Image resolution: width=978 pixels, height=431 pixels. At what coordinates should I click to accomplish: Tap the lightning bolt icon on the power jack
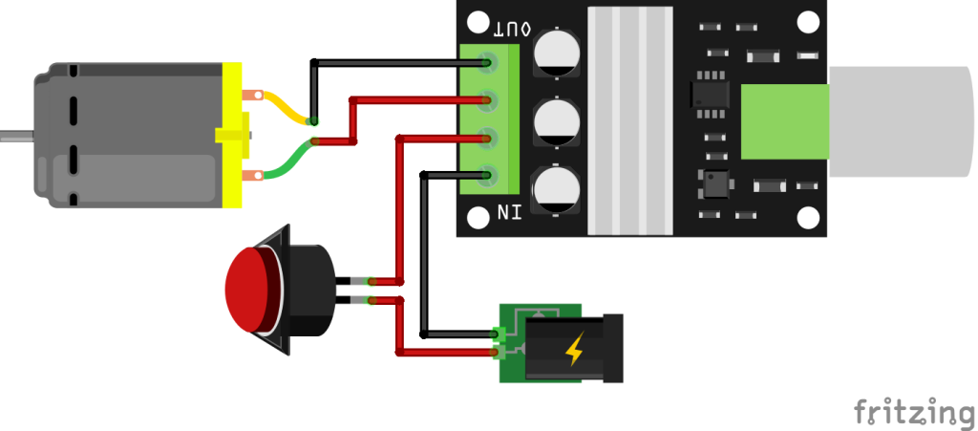point(574,351)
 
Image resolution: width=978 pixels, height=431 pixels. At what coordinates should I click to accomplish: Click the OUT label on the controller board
point(512,30)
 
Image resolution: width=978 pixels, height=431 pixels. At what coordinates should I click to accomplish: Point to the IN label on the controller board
point(509,211)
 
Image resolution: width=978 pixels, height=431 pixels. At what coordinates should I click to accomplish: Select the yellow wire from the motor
point(283,106)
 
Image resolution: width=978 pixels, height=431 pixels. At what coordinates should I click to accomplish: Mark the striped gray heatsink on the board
point(627,119)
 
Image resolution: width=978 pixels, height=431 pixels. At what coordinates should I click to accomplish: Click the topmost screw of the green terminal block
point(489,64)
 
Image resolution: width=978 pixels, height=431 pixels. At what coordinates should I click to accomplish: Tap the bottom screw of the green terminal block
point(489,175)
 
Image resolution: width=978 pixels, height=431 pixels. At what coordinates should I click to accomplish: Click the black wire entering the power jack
point(458,334)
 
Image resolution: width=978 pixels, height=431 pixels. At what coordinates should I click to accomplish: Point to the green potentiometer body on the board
point(783,121)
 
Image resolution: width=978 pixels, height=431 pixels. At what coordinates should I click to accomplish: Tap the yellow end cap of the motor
point(231,135)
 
